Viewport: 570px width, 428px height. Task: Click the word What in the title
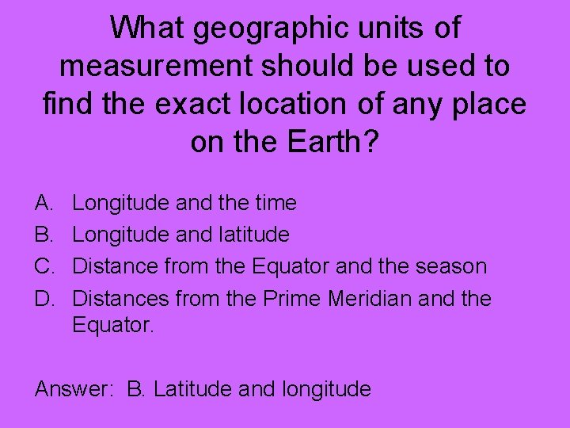146,29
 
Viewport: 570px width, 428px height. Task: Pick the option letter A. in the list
44,204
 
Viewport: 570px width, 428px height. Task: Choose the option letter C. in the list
45,266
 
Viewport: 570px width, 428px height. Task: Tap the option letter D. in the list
45,299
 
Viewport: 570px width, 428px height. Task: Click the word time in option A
275,204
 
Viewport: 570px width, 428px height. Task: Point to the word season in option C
454,266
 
